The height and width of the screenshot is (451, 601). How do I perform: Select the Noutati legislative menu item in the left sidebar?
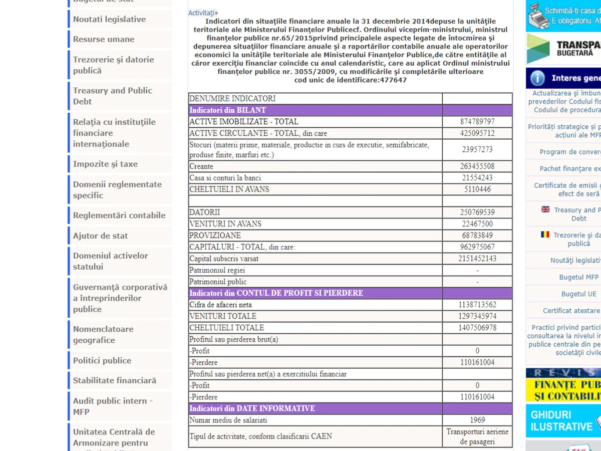click(x=109, y=19)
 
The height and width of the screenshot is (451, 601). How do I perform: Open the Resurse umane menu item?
click(x=104, y=39)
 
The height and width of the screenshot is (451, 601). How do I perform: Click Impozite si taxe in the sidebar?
click(x=105, y=164)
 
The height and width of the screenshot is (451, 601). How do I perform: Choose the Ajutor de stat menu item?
click(x=100, y=236)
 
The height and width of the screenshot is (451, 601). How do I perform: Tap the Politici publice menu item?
click(x=102, y=360)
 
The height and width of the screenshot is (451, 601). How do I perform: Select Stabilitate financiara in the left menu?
click(x=115, y=380)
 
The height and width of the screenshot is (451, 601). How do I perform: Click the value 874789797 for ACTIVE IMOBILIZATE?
click(x=477, y=122)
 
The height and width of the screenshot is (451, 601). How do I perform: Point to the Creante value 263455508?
click(x=477, y=166)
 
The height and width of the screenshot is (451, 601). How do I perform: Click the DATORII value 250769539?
click(x=477, y=212)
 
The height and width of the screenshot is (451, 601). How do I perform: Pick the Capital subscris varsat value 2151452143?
click(x=477, y=259)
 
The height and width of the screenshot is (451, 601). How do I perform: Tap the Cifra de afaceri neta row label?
click(x=220, y=305)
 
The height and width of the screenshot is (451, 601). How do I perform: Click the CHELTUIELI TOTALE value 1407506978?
click(x=477, y=328)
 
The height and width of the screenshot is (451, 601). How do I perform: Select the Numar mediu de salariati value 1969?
click(x=477, y=420)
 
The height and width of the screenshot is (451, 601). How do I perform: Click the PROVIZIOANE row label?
click(x=215, y=236)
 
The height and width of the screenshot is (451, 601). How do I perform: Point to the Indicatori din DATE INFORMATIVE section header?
click(x=252, y=408)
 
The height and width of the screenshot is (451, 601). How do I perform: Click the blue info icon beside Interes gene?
click(x=537, y=78)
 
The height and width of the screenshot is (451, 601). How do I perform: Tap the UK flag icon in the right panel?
click(x=545, y=209)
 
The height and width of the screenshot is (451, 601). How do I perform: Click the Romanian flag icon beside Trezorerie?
click(x=545, y=235)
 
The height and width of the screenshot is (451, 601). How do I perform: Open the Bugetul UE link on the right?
click(x=578, y=294)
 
